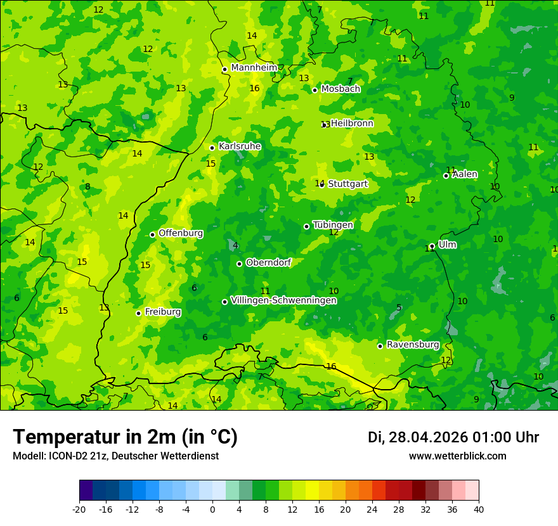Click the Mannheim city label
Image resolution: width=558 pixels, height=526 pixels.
tap(254, 68)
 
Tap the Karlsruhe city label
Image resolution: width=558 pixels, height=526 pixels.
tap(240, 146)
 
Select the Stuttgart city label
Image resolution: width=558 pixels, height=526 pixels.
tap(347, 184)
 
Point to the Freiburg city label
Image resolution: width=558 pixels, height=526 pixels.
tap(162, 312)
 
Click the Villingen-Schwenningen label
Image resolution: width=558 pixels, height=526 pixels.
tap(283, 300)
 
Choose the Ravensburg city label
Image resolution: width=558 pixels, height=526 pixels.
tap(413, 345)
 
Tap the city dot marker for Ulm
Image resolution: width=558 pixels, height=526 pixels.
tap(432, 246)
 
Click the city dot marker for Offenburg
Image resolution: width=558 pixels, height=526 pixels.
tap(152, 234)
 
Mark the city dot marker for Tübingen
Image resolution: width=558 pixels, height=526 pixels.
tap(306, 226)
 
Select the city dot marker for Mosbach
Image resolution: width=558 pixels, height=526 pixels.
tap(315, 90)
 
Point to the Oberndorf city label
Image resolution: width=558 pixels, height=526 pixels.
tap(268, 262)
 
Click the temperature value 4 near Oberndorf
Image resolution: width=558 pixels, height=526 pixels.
tap(235, 246)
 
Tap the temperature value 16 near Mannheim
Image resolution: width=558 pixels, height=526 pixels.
tap(254, 88)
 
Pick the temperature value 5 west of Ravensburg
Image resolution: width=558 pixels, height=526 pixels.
tap(399, 308)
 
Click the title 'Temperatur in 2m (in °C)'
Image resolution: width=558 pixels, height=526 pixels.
tap(125, 437)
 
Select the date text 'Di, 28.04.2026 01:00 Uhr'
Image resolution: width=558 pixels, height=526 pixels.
tap(453, 437)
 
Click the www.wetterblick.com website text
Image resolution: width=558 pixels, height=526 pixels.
tap(457, 456)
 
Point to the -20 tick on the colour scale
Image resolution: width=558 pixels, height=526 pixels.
tap(79, 510)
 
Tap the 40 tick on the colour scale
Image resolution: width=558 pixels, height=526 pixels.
tap(479, 510)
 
